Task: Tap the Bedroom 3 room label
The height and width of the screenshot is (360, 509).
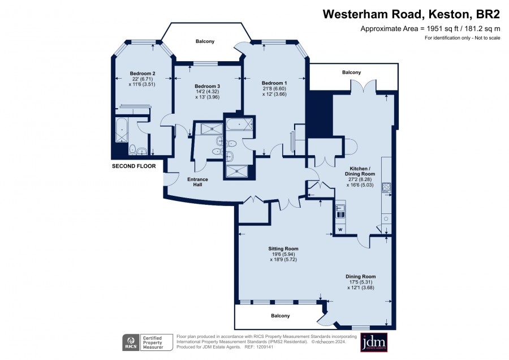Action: point(208,86)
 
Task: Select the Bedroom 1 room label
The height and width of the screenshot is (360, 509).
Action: point(274,83)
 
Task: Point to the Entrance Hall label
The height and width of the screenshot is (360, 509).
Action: point(198,182)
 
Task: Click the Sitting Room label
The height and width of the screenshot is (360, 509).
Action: point(283,249)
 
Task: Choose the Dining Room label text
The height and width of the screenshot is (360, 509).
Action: point(361,276)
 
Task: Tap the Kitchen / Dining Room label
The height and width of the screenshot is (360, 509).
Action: point(360,172)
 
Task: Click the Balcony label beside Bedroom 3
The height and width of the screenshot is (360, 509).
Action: point(205,41)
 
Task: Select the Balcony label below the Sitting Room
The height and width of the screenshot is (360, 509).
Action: point(281,315)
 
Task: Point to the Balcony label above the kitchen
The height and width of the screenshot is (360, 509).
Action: point(352,72)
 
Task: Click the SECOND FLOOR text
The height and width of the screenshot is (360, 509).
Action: point(133,166)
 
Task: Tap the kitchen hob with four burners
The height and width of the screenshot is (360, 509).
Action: point(387,187)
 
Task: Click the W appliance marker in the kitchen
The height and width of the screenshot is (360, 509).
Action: point(340,230)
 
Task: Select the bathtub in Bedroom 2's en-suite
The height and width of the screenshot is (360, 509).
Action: point(122,130)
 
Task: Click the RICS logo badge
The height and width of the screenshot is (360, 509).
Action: point(131,342)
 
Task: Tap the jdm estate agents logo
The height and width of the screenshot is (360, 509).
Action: point(374,342)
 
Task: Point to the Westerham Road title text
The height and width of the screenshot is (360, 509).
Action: point(374,14)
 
